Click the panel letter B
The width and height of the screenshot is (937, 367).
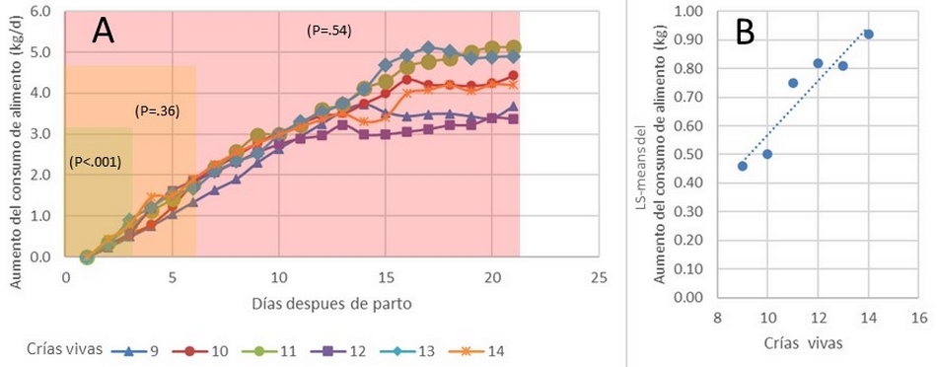pyautogui.click(x=747, y=33)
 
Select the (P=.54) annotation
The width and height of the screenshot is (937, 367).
pyautogui.click(x=329, y=31)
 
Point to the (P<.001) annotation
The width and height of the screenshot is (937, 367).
pyautogui.click(x=96, y=161)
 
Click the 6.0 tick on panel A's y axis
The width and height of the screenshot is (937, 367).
pyautogui.click(x=39, y=12)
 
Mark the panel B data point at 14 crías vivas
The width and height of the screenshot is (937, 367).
pyautogui.click(x=868, y=35)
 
